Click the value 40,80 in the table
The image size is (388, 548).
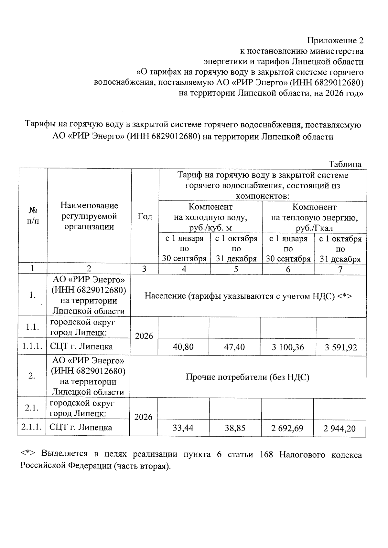[x=183, y=347]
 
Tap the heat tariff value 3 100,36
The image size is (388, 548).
[x=288, y=347]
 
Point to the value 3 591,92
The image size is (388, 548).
[x=341, y=347]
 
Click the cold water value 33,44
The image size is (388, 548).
[x=183, y=428]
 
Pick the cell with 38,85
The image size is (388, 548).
[x=235, y=428]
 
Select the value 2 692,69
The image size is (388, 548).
[x=287, y=428]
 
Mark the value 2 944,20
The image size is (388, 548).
[x=339, y=429]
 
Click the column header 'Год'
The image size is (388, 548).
[x=145, y=216]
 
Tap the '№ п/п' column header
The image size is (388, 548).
[x=33, y=216]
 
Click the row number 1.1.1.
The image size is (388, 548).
[x=32, y=346]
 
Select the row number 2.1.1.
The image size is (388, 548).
[x=31, y=427]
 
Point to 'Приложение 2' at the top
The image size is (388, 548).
[x=335, y=41]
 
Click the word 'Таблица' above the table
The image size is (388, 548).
[x=345, y=164]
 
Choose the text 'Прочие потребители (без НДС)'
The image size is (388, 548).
[x=247, y=377]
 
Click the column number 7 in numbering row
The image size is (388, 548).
[x=340, y=269]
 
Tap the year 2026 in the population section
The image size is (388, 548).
[x=144, y=336]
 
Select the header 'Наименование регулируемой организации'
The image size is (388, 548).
[x=89, y=216]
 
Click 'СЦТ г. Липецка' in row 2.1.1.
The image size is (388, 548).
[x=81, y=428]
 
